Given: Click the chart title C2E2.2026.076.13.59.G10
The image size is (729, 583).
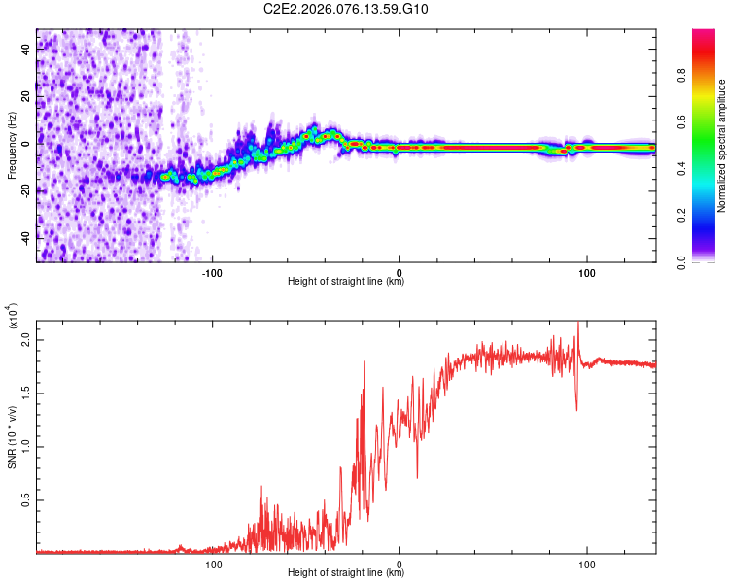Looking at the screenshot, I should click(x=346, y=10).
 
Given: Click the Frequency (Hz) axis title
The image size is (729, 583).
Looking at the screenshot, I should click(x=12, y=146).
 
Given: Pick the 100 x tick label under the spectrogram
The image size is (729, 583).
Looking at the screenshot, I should click(x=587, y=271).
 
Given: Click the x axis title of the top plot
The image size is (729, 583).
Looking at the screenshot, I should click(x=346, y=282).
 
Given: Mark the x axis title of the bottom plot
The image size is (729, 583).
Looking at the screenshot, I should click(x=346, y=573).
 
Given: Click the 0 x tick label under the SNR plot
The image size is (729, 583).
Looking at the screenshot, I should click(x=399, y=563).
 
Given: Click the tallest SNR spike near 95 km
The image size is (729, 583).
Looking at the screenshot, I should click(x=578, y=324).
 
